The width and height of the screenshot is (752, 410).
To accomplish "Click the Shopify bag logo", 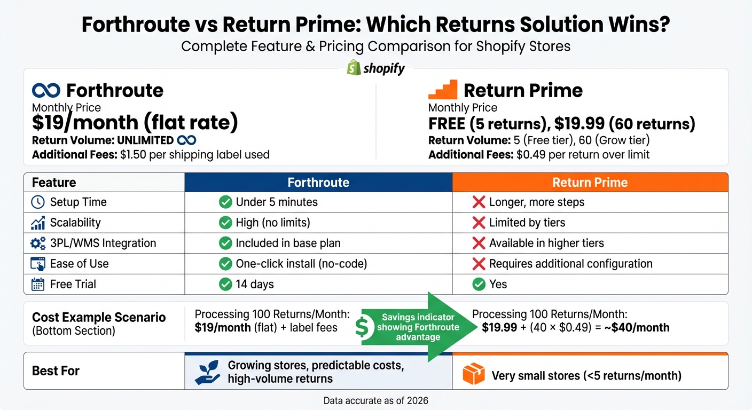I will click(x=354, y=68).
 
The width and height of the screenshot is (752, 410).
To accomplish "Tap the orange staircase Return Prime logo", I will click(x=443, y=90).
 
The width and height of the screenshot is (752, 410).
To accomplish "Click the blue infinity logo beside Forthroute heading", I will click(x=46, y=90).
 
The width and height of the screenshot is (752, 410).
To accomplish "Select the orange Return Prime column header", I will click(x=590, y=183).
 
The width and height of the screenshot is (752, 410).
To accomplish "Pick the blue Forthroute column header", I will click(x=318, y=183).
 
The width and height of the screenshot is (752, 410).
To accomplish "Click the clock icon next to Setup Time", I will click(x=38, y=202).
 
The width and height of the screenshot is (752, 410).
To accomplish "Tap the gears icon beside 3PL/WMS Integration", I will click(x=38, y=243).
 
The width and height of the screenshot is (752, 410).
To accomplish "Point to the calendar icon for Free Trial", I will click(x=38, y=284).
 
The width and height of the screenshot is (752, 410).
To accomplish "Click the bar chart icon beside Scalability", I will click(x=38, y=223).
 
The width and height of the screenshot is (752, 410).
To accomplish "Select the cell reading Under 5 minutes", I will click(x=276, y=202).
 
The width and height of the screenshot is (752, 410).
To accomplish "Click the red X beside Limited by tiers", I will click(x=479, y=223).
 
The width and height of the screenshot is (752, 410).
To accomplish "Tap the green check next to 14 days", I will click(x=225, y=284).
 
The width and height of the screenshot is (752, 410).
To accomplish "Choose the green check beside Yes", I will click(x=479, y=284).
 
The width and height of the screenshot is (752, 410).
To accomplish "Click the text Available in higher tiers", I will click(x=546, y=243).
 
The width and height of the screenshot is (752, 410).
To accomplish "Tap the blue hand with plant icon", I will click(x=208, y=373).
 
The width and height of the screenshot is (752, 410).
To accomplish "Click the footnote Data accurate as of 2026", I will click(x=375, y=400).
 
